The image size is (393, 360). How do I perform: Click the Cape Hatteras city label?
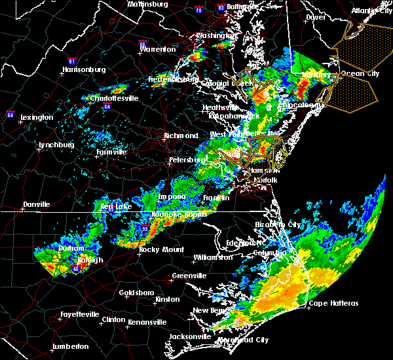[333, 303]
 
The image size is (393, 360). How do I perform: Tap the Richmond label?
[181, 136]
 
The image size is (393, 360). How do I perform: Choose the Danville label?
[36, 204]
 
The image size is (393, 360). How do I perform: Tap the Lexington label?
[37, 117]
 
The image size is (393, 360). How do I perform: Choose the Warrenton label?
[157, 49]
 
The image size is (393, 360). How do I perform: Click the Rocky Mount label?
[157, 249]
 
